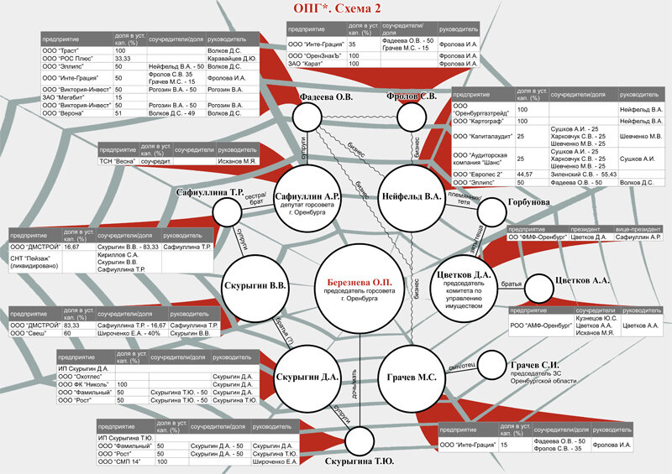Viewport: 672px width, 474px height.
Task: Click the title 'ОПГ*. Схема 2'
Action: [336, 11]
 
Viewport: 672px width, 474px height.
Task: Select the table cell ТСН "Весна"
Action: [116, 159]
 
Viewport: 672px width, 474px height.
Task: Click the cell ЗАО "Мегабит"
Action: [63, 96]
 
